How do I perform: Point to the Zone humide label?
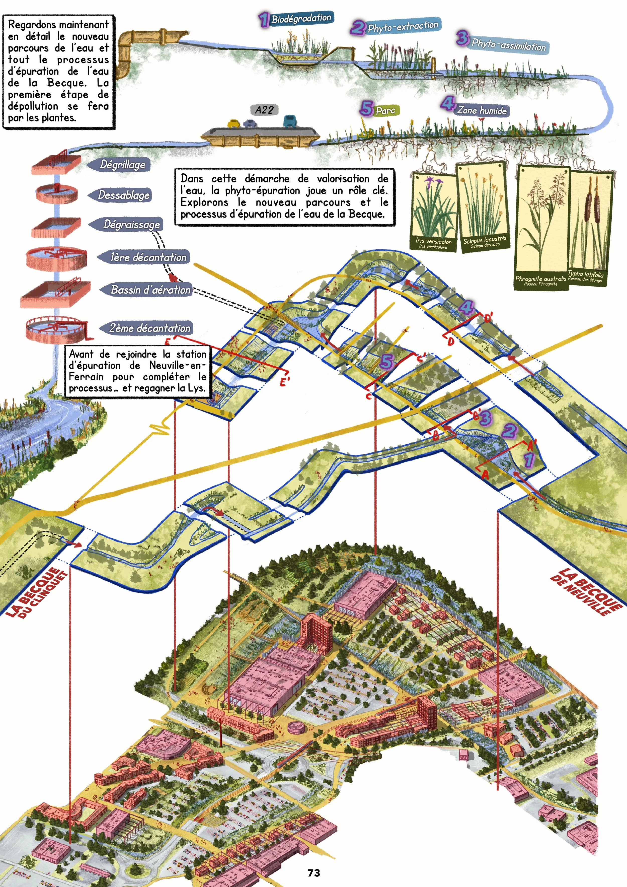point(482,110)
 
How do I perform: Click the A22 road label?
point(264,110)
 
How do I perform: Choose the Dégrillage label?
point(122,165)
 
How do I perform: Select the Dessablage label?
point(124,195)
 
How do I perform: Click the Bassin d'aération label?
point(150,290)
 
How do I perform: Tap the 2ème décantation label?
point(150,328)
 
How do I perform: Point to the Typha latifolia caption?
point(585,276)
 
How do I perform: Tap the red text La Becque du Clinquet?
point(37,593)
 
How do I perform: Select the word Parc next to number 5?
point(385,111)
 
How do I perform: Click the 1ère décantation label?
point(148,257)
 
